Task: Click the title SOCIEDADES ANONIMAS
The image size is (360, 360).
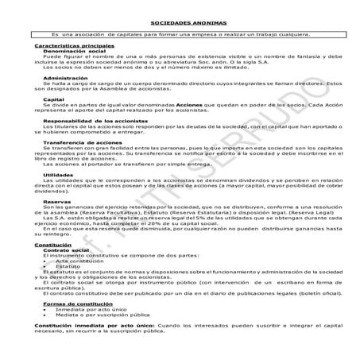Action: tap(179, 24)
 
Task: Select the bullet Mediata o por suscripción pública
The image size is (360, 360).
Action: tap(106, 314)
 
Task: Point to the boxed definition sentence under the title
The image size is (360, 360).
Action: tap(179, 35)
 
